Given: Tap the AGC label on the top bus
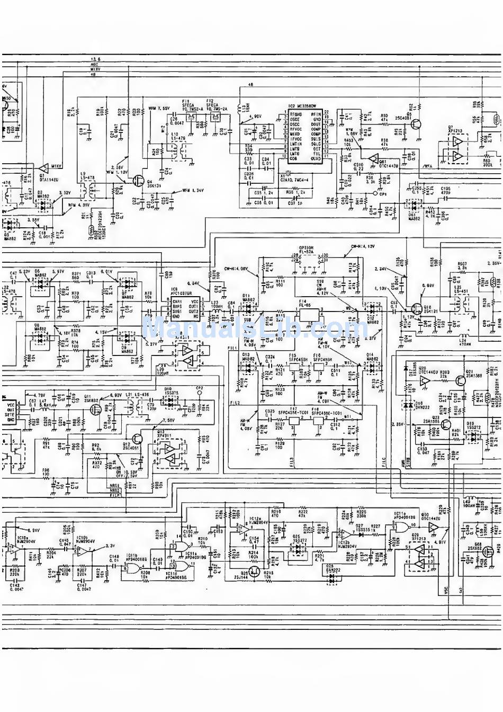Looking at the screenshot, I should pos(95,64).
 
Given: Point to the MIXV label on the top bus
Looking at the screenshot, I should pos(96,69).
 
